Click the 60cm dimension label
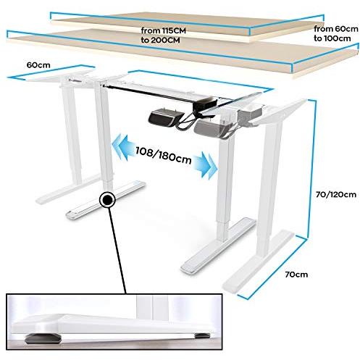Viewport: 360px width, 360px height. coord(38,65)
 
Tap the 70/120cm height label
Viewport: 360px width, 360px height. coord(336,194)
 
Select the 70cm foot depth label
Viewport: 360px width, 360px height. coord(296,275)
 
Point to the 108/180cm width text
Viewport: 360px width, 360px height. coord(164,155)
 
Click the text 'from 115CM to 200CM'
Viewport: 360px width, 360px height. coord(163,35)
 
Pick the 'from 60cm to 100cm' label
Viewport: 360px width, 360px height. coord(336,33)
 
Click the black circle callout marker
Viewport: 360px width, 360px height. coord(107,200)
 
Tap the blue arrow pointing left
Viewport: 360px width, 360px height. coord(122,146)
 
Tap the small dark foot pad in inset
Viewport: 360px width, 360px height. coord(202,335)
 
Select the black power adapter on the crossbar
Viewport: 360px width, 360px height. coord(204,103)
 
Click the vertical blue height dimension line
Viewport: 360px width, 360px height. coord(313,169)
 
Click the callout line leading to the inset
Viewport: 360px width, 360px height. coord(118,251)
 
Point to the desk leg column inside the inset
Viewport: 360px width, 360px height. coord(152,306)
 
